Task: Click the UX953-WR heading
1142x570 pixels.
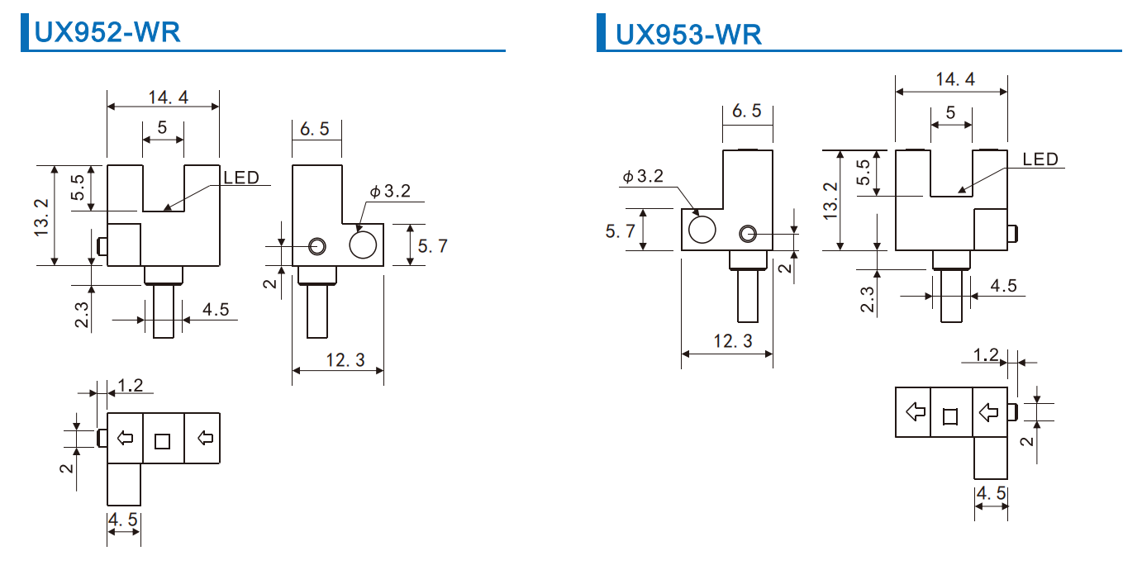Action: (x=688, y=34)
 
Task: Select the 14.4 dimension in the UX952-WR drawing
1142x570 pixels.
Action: (x=168, y=97)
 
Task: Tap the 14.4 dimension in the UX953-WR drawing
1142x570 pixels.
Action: (x=955, y=79)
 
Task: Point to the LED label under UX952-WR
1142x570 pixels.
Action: (x=240, y=177)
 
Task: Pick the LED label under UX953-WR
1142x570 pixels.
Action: (x=1040, y=159)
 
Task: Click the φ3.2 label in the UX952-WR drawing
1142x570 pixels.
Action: (x=390, y=192)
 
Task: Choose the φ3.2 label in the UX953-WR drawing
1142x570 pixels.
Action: (x=642, y=177)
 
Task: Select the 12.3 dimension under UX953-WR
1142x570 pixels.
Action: (x=732, y=340)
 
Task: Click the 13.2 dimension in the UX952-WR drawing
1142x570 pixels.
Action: (x=43, y=216)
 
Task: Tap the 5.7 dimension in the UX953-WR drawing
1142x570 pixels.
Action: (x=621, y=231)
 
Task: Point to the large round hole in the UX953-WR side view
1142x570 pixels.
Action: (x=702, y=229)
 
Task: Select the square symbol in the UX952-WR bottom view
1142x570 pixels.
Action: (x=162, y=441)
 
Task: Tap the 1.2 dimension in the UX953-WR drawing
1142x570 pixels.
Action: (x=986, y=355)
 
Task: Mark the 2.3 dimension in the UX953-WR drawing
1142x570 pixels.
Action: (x=867, y=298)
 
